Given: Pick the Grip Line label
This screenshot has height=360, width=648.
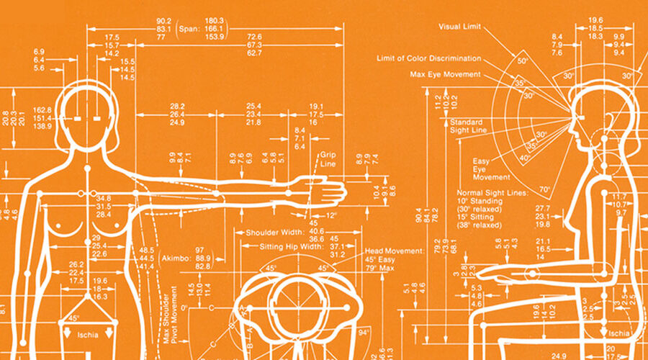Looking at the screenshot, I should click(328, 159).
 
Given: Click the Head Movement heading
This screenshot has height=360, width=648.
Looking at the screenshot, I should click(394, 251).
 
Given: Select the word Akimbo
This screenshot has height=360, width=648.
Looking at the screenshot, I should click(174, 256).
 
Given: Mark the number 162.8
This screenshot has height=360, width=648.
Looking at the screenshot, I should click(42, 109).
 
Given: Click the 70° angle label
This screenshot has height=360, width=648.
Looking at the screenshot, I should click(544, 191).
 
